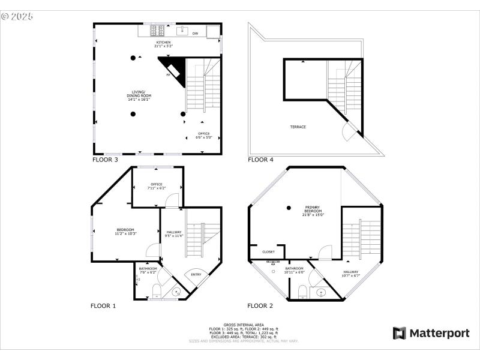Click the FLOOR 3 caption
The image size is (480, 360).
point(105,160)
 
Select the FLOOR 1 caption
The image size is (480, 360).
point(103,306)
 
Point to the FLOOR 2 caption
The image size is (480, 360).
point(260,306)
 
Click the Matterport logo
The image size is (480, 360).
point(430,333)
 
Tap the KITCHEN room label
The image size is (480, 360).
point(163,44)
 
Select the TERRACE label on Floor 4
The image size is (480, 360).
point(298,127)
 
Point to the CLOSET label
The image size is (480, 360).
point(268,252)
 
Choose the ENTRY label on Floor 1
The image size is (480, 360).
point(196,275)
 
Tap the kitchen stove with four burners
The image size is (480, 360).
point(158,29)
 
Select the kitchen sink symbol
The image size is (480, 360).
point(183,30)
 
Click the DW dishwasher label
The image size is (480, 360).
point(196,34)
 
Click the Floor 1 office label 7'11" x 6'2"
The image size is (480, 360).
point(157,186)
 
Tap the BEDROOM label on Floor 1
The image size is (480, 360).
point(125,231)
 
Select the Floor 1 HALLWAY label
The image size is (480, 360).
point(174,234)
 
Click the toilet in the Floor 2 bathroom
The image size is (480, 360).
point(303,292)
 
